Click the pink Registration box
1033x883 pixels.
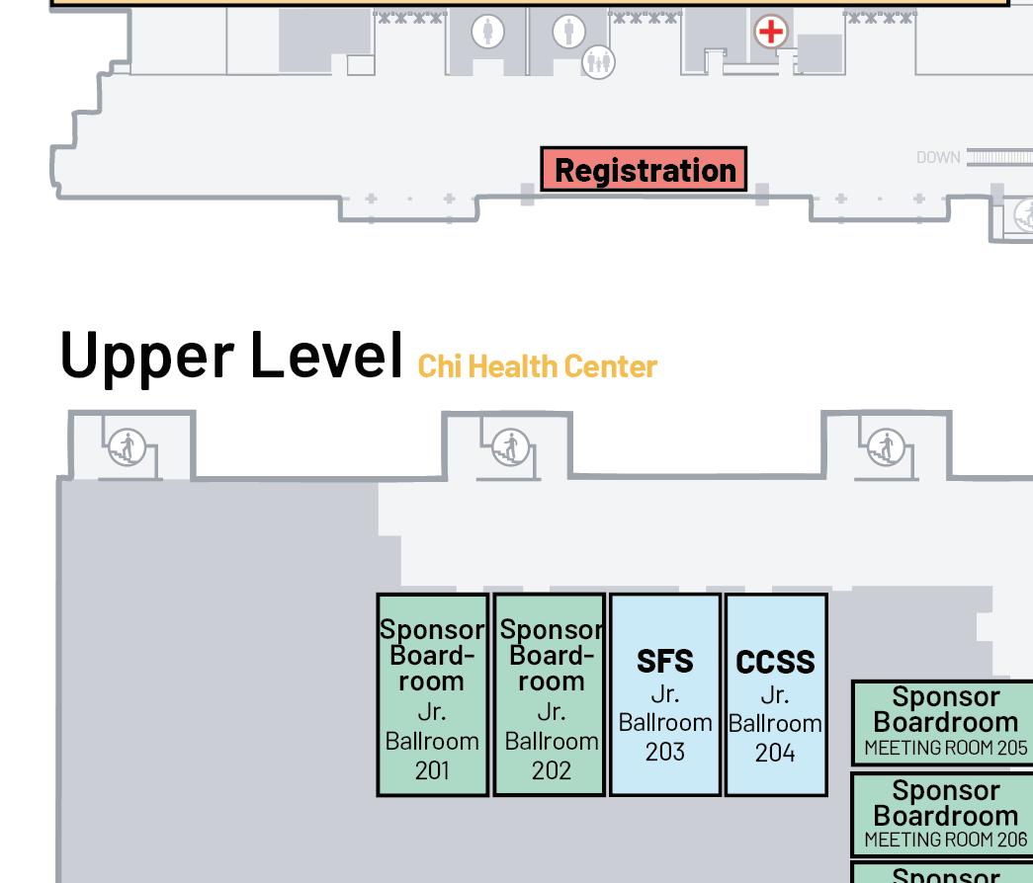pyautogui.click(x=644, y=169)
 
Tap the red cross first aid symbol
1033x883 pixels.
pyautogui.click(x=770, y=32)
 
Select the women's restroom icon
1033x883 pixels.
pyautogui.click(x=486, y=32)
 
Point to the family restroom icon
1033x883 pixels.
pyautogui.click(x=598, y=62)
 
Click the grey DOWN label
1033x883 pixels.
pyautogui.click(x=937, y=157)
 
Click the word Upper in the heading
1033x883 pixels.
pyautogui.click(x=145, y=355)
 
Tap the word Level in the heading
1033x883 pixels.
pyautogui.click(x=327, y=355)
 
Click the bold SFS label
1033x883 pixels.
pyautogui.click(x=664, y=661)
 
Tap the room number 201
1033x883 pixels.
pyautogui.click(x=432, y=770)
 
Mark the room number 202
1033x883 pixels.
pyautogui.click(x=551, y=770)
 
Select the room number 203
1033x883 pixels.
pyautogui.click(x=664, y=752)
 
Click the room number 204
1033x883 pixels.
pyautogui.click(x=775, y=753)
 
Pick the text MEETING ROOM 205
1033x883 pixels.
pyautogui.click(x=945, y=748)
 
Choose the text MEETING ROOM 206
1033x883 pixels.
pyautogui.click(x=945, y=840)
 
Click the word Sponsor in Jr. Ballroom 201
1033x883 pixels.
pyautogui.click(x=432, y=629)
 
